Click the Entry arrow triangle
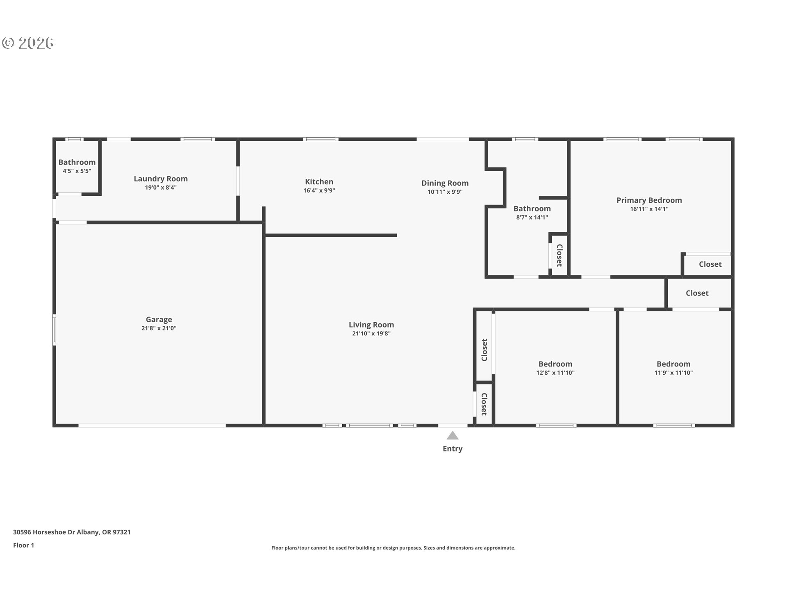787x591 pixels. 452,435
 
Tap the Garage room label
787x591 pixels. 159,319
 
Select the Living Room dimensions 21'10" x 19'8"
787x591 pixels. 371,334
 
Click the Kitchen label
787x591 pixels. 319,181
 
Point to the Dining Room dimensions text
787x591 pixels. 445,192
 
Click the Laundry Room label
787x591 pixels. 161,179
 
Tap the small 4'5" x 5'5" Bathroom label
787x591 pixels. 77,163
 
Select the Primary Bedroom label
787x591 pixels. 649,200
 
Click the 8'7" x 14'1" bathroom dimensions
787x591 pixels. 532,218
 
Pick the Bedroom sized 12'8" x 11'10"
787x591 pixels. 555,364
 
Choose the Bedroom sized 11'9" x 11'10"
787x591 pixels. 673,364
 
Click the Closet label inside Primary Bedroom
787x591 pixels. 710,264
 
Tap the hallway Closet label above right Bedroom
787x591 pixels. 697,293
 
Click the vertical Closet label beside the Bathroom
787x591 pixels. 559,255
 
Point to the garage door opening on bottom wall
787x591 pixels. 152,426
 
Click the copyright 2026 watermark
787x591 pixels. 28,43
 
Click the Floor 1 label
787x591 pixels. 23,545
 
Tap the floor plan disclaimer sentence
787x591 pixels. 393,548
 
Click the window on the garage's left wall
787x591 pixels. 54,330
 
